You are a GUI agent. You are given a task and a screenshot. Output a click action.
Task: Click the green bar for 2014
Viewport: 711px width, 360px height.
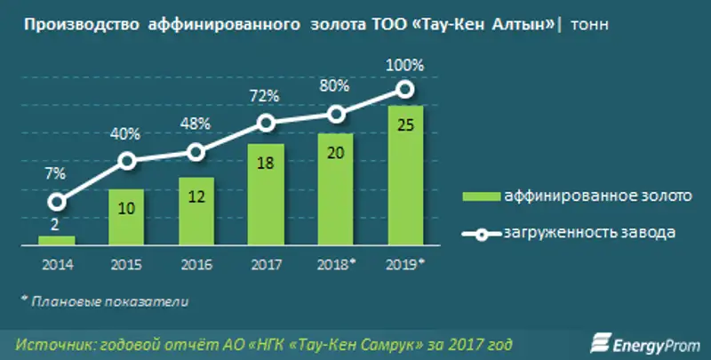[56, 240]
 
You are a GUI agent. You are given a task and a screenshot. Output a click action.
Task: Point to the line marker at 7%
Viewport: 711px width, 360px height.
[56, 203]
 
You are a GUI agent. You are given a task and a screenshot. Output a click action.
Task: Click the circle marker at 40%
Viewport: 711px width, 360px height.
[126, 161]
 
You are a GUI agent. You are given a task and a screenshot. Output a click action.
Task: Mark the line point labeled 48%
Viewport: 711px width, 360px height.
[196, 152]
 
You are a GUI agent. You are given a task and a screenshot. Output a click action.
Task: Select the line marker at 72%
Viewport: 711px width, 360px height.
[266, 124]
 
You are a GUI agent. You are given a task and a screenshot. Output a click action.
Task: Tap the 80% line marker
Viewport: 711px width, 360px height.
[335, 114]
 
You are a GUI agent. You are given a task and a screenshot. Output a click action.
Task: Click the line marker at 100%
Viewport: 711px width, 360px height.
[404, 88]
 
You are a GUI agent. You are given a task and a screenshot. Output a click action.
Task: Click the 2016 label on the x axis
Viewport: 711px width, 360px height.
[196, 264]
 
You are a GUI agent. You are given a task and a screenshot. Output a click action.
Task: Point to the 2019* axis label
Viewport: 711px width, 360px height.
[406, 264]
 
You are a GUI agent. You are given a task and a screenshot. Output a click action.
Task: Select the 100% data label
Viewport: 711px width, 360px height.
[405, 65]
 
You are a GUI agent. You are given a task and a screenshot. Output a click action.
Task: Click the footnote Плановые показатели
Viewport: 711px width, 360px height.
[107, 300]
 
